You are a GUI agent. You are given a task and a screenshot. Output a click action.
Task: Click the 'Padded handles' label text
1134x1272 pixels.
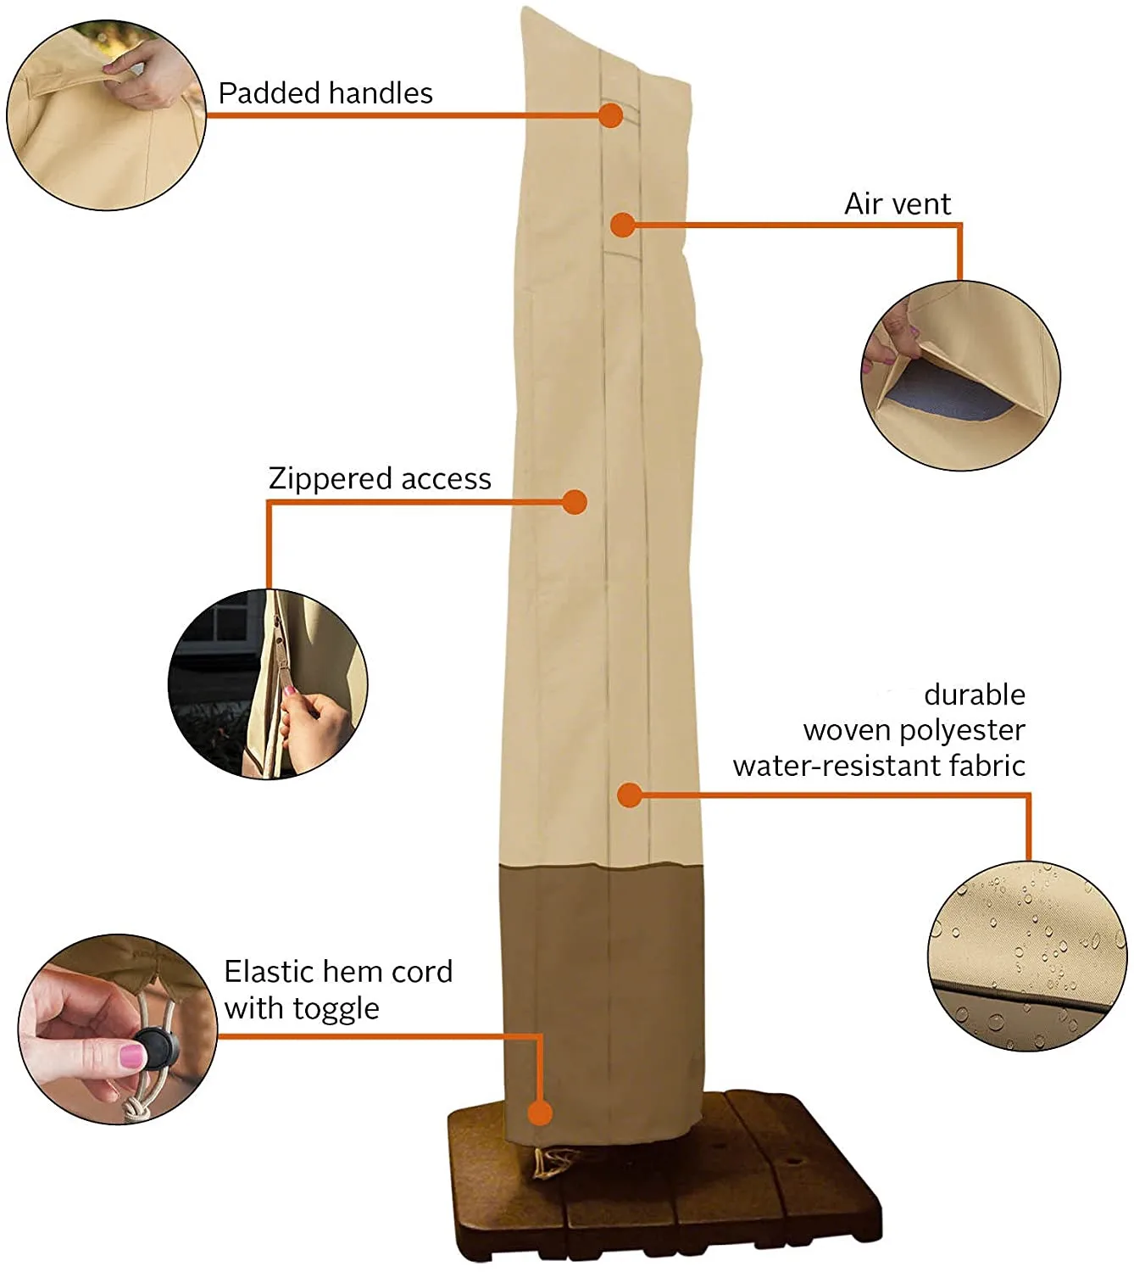[325, 93]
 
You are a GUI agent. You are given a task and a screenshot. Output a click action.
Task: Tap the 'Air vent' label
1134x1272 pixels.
[898, 204]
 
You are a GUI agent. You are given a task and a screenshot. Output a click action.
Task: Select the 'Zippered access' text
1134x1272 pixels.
[380, 479]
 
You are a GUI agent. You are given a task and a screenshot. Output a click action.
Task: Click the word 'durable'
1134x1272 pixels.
[975, 695]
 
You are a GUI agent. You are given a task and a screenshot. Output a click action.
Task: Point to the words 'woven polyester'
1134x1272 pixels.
[914, 730]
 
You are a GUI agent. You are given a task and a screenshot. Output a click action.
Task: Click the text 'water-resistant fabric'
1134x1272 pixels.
[879, 766]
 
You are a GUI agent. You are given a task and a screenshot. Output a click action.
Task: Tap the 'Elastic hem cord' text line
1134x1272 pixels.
[338, 971]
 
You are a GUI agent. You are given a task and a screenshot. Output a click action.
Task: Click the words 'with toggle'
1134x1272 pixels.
[302, 1008]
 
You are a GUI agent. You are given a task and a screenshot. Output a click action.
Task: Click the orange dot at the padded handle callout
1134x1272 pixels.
[610, 115]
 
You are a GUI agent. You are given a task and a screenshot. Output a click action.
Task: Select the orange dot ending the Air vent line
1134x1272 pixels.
[623, 225]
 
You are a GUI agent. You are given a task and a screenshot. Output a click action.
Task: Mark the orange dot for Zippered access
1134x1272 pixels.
[575, 502]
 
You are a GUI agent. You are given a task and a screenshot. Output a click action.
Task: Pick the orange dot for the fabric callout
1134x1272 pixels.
[629, 795]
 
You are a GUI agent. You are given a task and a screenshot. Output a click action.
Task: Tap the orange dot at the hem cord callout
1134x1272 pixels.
[540, 1113]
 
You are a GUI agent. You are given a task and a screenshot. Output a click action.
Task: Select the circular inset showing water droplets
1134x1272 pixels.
[1027, 957]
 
